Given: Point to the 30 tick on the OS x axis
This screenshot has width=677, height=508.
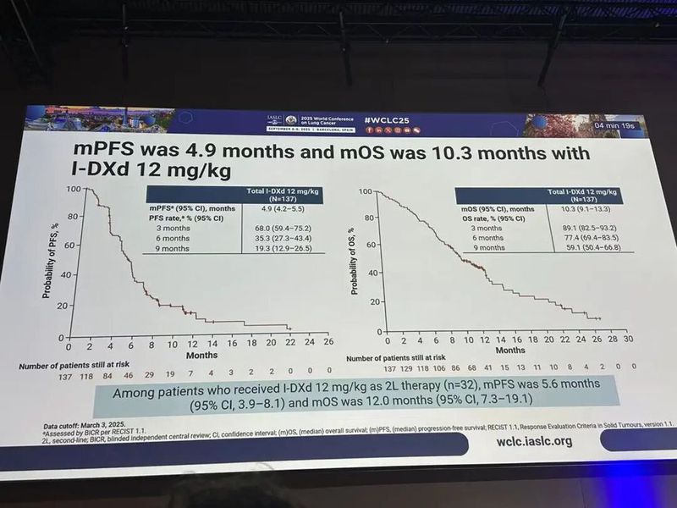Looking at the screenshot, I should pos(628,339).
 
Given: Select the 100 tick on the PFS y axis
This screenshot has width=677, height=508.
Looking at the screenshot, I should pos(74,188).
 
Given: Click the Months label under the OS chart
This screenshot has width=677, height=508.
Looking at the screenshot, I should pos(509,349).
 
